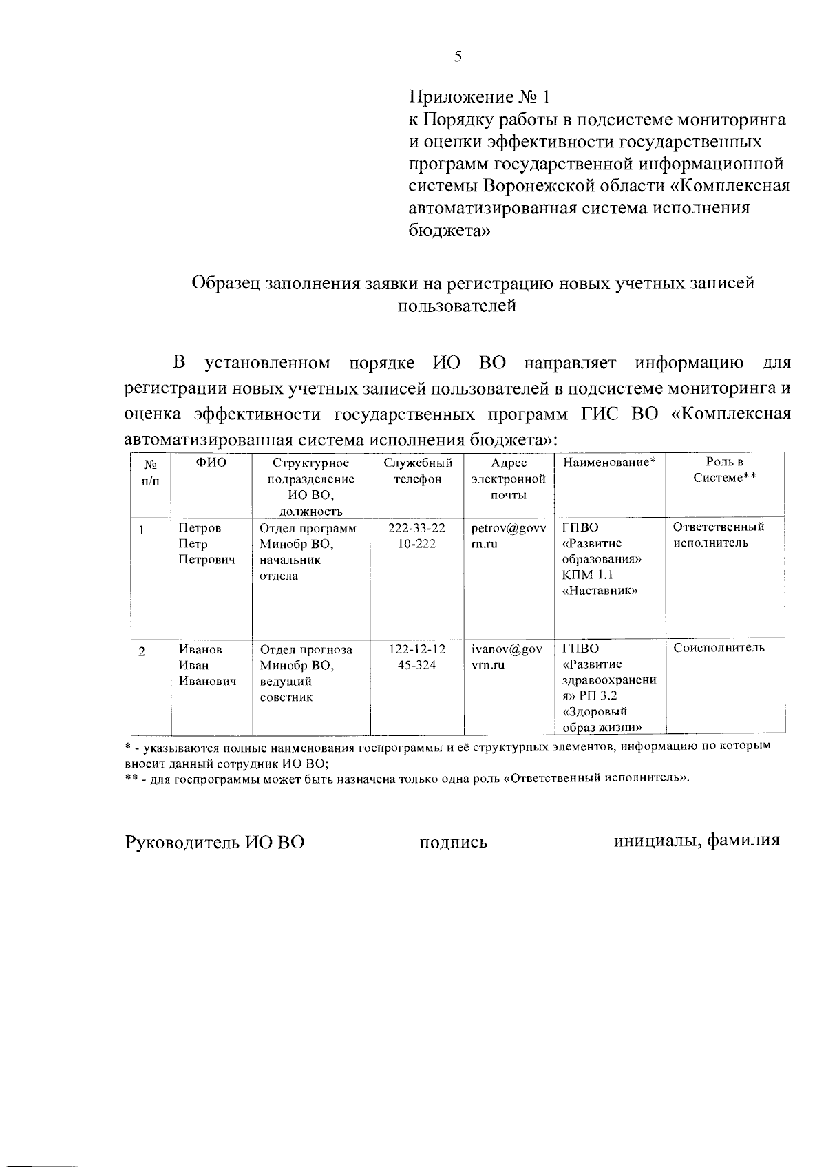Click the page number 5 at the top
click(458, 57)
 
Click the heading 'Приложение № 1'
click(480, 96)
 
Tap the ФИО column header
click(211, 463)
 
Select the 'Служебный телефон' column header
click(417, 472)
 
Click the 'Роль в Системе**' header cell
click(724, 471)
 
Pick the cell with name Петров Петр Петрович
click(206, 544)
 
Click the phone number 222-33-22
click(416, 528)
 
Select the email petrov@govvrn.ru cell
click(508, 536)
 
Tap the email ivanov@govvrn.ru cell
click(507, 658)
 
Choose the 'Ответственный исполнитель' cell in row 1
click(719, 536)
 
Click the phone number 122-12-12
click(416, 650)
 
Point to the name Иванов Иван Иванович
click(207, 666)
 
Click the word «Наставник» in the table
click(600, 591)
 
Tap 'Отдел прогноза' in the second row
click(306, 650)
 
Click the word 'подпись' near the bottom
click(454, 842)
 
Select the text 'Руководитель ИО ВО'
click(214, 842)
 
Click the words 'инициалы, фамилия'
click(697, 841)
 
